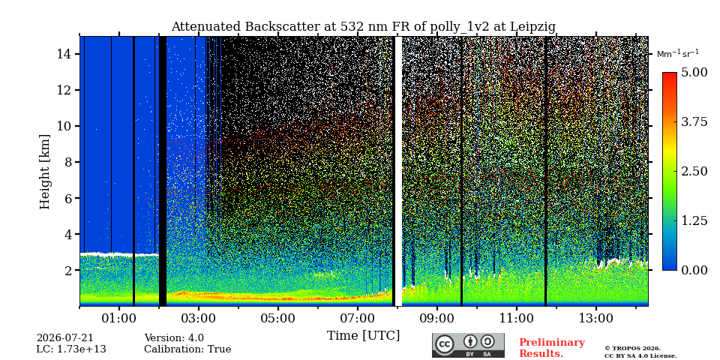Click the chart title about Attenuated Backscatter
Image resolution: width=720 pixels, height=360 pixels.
[363, 27]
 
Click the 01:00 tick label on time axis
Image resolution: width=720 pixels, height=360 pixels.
[119, 318]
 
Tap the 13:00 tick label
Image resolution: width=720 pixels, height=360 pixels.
[596, 318]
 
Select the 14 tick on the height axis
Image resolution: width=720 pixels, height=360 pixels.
[62, 54]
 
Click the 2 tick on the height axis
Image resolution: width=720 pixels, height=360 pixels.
[66, 271]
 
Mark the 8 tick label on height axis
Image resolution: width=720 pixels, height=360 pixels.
[66, 162]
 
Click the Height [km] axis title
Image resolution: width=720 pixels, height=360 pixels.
[44, 172]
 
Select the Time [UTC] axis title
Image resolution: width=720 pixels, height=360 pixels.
[363, 336]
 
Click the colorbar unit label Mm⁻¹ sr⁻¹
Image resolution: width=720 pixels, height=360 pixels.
[678, 53]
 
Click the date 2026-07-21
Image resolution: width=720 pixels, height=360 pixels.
[65, 338]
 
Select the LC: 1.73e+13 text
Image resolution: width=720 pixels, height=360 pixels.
[71, 349]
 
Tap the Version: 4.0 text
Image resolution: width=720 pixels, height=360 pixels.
[174, 338]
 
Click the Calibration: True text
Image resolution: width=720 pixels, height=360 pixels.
[187, 349]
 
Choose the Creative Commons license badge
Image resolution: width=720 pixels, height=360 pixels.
[468, 345]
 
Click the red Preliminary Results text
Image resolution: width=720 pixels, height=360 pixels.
[552, 347]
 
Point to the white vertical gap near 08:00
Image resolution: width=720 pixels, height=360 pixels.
[398, 171]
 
